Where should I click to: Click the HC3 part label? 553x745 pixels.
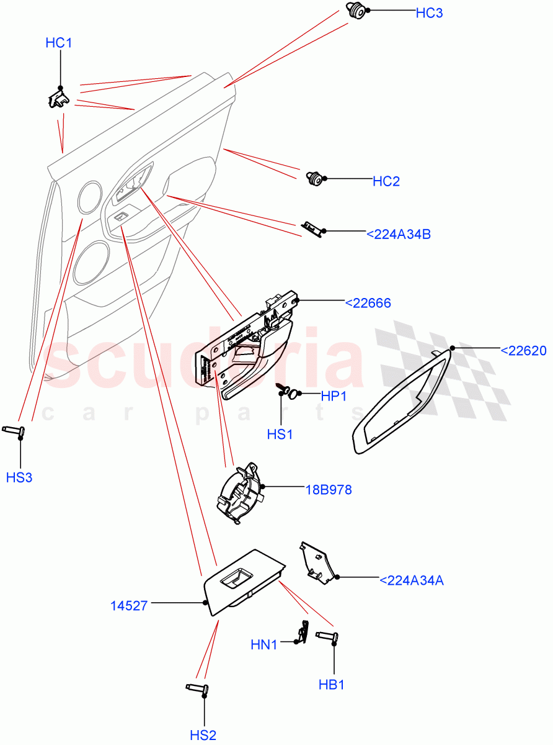pyautogui.click(x=429, y=12)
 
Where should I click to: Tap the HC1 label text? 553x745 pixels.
pyautogui.click(x=59, y=43)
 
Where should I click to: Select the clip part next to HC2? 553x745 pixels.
pyautogui.click(x=316, y=179)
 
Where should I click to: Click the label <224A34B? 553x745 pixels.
pyautogui.click(x=398, y=234)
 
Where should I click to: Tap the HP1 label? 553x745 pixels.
pyautogui.click(x=333, y=397)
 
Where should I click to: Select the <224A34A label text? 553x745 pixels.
pyautogui.click(x=411, y=580)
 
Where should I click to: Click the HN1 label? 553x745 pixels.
pyautogui.click(x=263, y=645)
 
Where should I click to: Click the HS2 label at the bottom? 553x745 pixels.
pyautogui.click(x=203, y=735)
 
